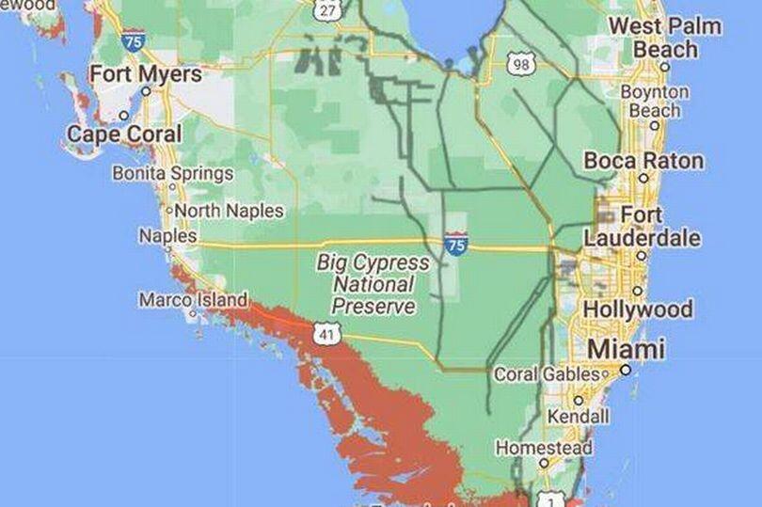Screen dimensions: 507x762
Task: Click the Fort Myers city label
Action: (x=145, y=74)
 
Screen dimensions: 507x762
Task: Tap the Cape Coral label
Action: (x=123, y=135)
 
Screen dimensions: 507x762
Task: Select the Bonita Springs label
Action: (x=172, y=173)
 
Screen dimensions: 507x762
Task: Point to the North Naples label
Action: (x=229, y=211)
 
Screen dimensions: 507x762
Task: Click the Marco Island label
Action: (x=193, y=300)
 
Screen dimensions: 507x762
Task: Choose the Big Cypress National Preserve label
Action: (x=373, y=284)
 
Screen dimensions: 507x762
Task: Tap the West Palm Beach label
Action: (x=664, y=37)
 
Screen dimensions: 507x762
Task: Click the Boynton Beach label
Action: (x=654, y=101)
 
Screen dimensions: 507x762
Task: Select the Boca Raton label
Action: (x=643, y=161)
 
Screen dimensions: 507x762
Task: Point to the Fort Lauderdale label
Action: (x=642, y=227)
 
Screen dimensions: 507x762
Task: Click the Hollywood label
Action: (x=638, y=309)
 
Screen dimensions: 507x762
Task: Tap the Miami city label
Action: (x=626, y=350)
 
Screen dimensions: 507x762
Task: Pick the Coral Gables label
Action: (x=547, y=374)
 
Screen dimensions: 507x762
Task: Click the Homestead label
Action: (x=543, y=448)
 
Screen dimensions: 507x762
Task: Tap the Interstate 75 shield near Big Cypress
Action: (x=456, y=245)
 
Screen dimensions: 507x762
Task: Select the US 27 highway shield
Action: (x=327, y=9)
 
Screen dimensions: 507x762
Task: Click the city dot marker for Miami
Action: (x=626, y=371)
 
